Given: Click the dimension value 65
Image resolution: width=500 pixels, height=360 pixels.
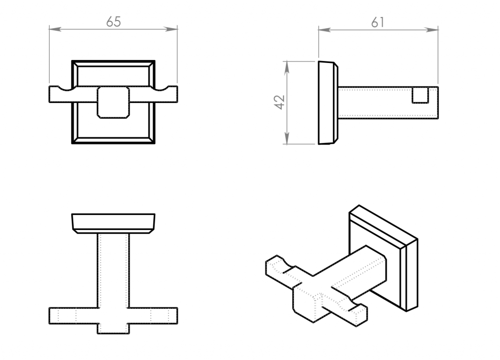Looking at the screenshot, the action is click(113, 22).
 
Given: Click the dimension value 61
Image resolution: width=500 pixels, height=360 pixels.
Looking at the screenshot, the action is click(378, 22).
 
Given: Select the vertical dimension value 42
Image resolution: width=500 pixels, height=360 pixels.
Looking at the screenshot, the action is click(280, 102).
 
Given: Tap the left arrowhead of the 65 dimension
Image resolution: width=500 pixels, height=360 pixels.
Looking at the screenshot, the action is click(55, 29).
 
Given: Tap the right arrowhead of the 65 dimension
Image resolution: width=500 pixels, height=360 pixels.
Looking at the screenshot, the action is click(172, 29).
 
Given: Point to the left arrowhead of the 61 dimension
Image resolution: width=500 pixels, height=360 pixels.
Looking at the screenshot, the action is click(324, 30).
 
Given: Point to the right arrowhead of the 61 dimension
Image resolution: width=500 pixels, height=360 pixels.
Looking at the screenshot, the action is click(433, 30).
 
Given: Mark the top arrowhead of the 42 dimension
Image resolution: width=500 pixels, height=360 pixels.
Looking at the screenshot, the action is click(287, 66).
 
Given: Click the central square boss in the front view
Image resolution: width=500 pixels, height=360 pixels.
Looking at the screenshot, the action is click(113, 103).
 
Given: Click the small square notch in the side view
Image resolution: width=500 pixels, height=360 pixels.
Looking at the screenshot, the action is click(420, 95).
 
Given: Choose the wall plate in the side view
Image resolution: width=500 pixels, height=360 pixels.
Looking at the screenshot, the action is click(328, 103).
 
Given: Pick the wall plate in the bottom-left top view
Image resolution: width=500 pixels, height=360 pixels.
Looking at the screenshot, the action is click(113, 224).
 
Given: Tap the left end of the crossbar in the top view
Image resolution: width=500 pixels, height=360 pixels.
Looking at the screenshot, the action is click(49, 316).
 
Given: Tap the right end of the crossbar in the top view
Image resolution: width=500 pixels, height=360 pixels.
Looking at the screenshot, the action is click(177, 316).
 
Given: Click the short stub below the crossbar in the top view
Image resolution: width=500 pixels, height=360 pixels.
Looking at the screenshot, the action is click(113, 329).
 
